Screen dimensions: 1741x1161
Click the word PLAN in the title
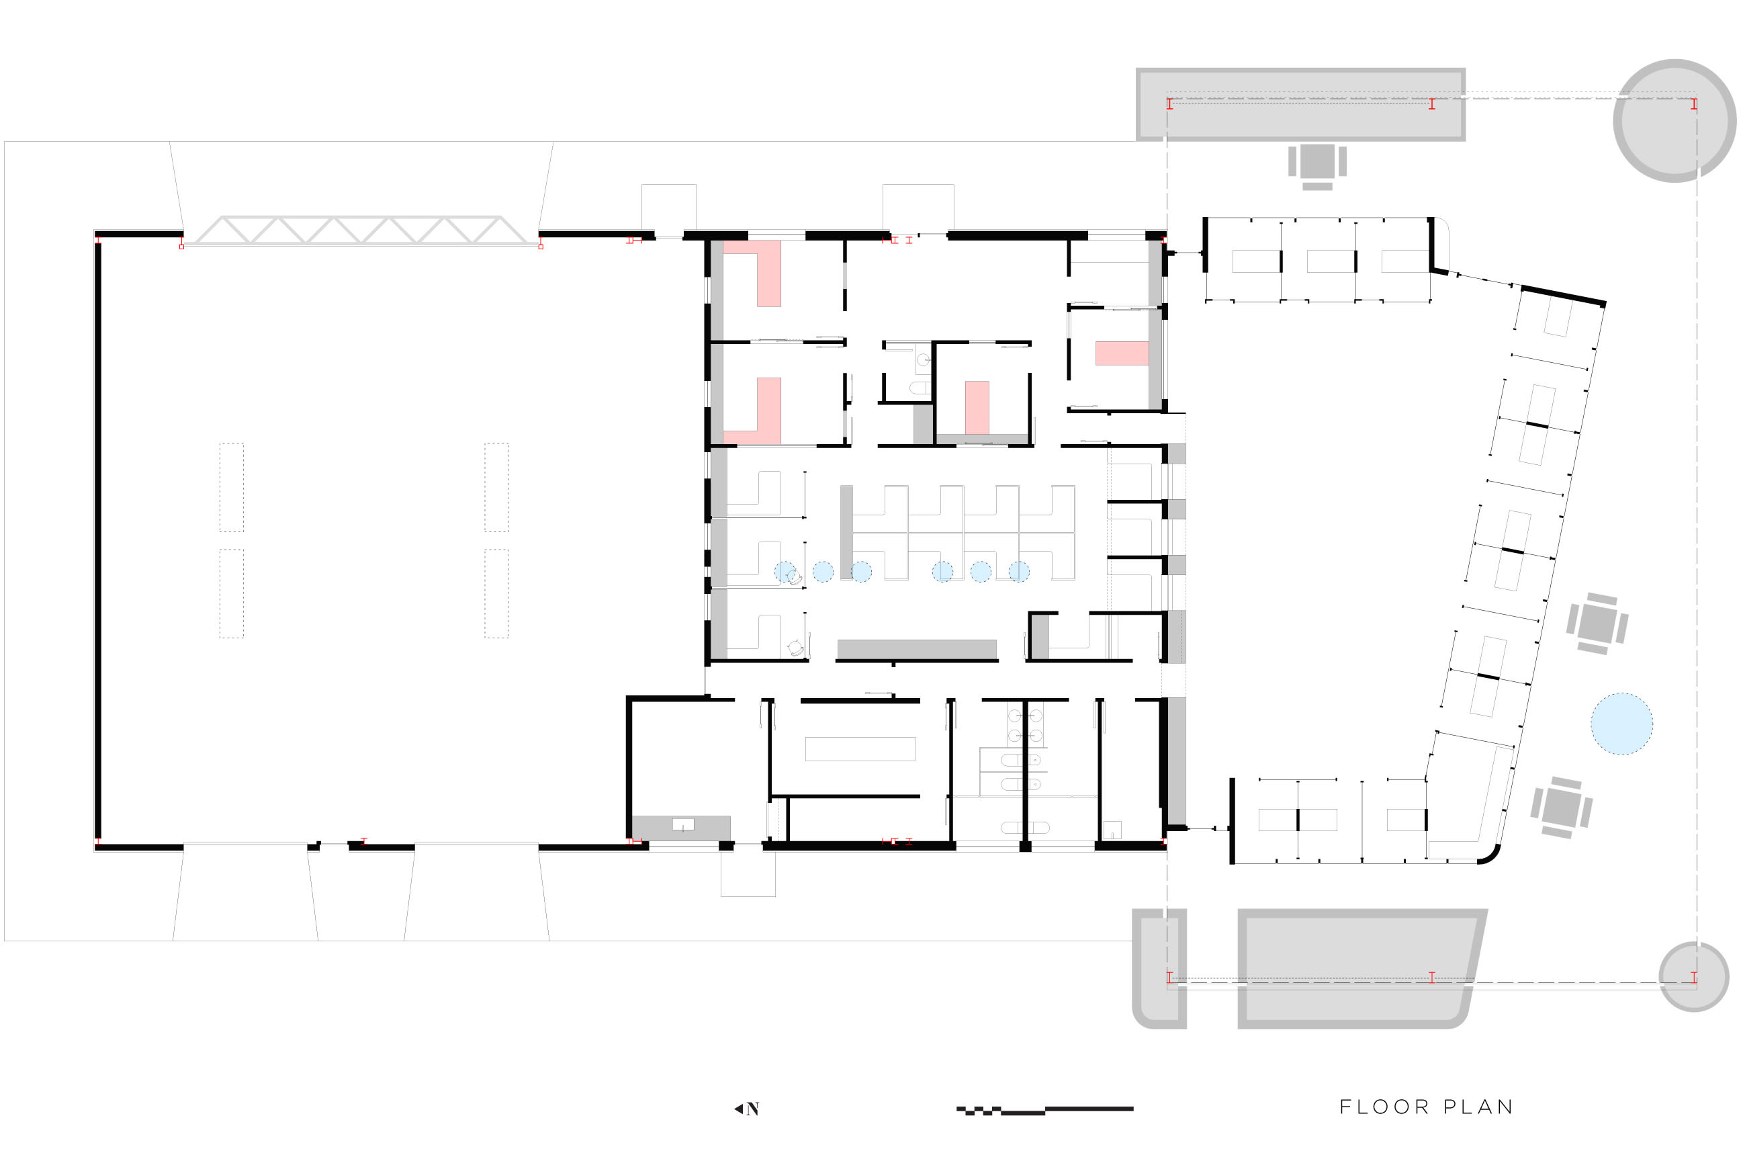pos(1478,1107)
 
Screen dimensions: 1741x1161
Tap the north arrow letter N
pos(753,1109)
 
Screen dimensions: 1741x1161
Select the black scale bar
pos(1044,1110)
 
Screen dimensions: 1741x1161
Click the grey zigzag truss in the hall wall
pos(361,230)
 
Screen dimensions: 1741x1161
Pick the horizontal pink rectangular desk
pos(1122,353)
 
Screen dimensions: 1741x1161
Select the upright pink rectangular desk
pos(977,407)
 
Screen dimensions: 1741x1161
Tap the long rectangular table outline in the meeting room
pos(860,748)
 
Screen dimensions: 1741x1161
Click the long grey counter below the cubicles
pos(916,648)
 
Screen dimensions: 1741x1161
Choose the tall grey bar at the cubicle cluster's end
pos(846,532)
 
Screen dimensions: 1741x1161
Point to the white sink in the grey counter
pos(682,824)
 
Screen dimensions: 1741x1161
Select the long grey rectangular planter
pos(1300,104)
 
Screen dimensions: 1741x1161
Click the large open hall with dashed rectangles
pos(363,540)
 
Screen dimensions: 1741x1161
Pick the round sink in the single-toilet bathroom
pos(923,360)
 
